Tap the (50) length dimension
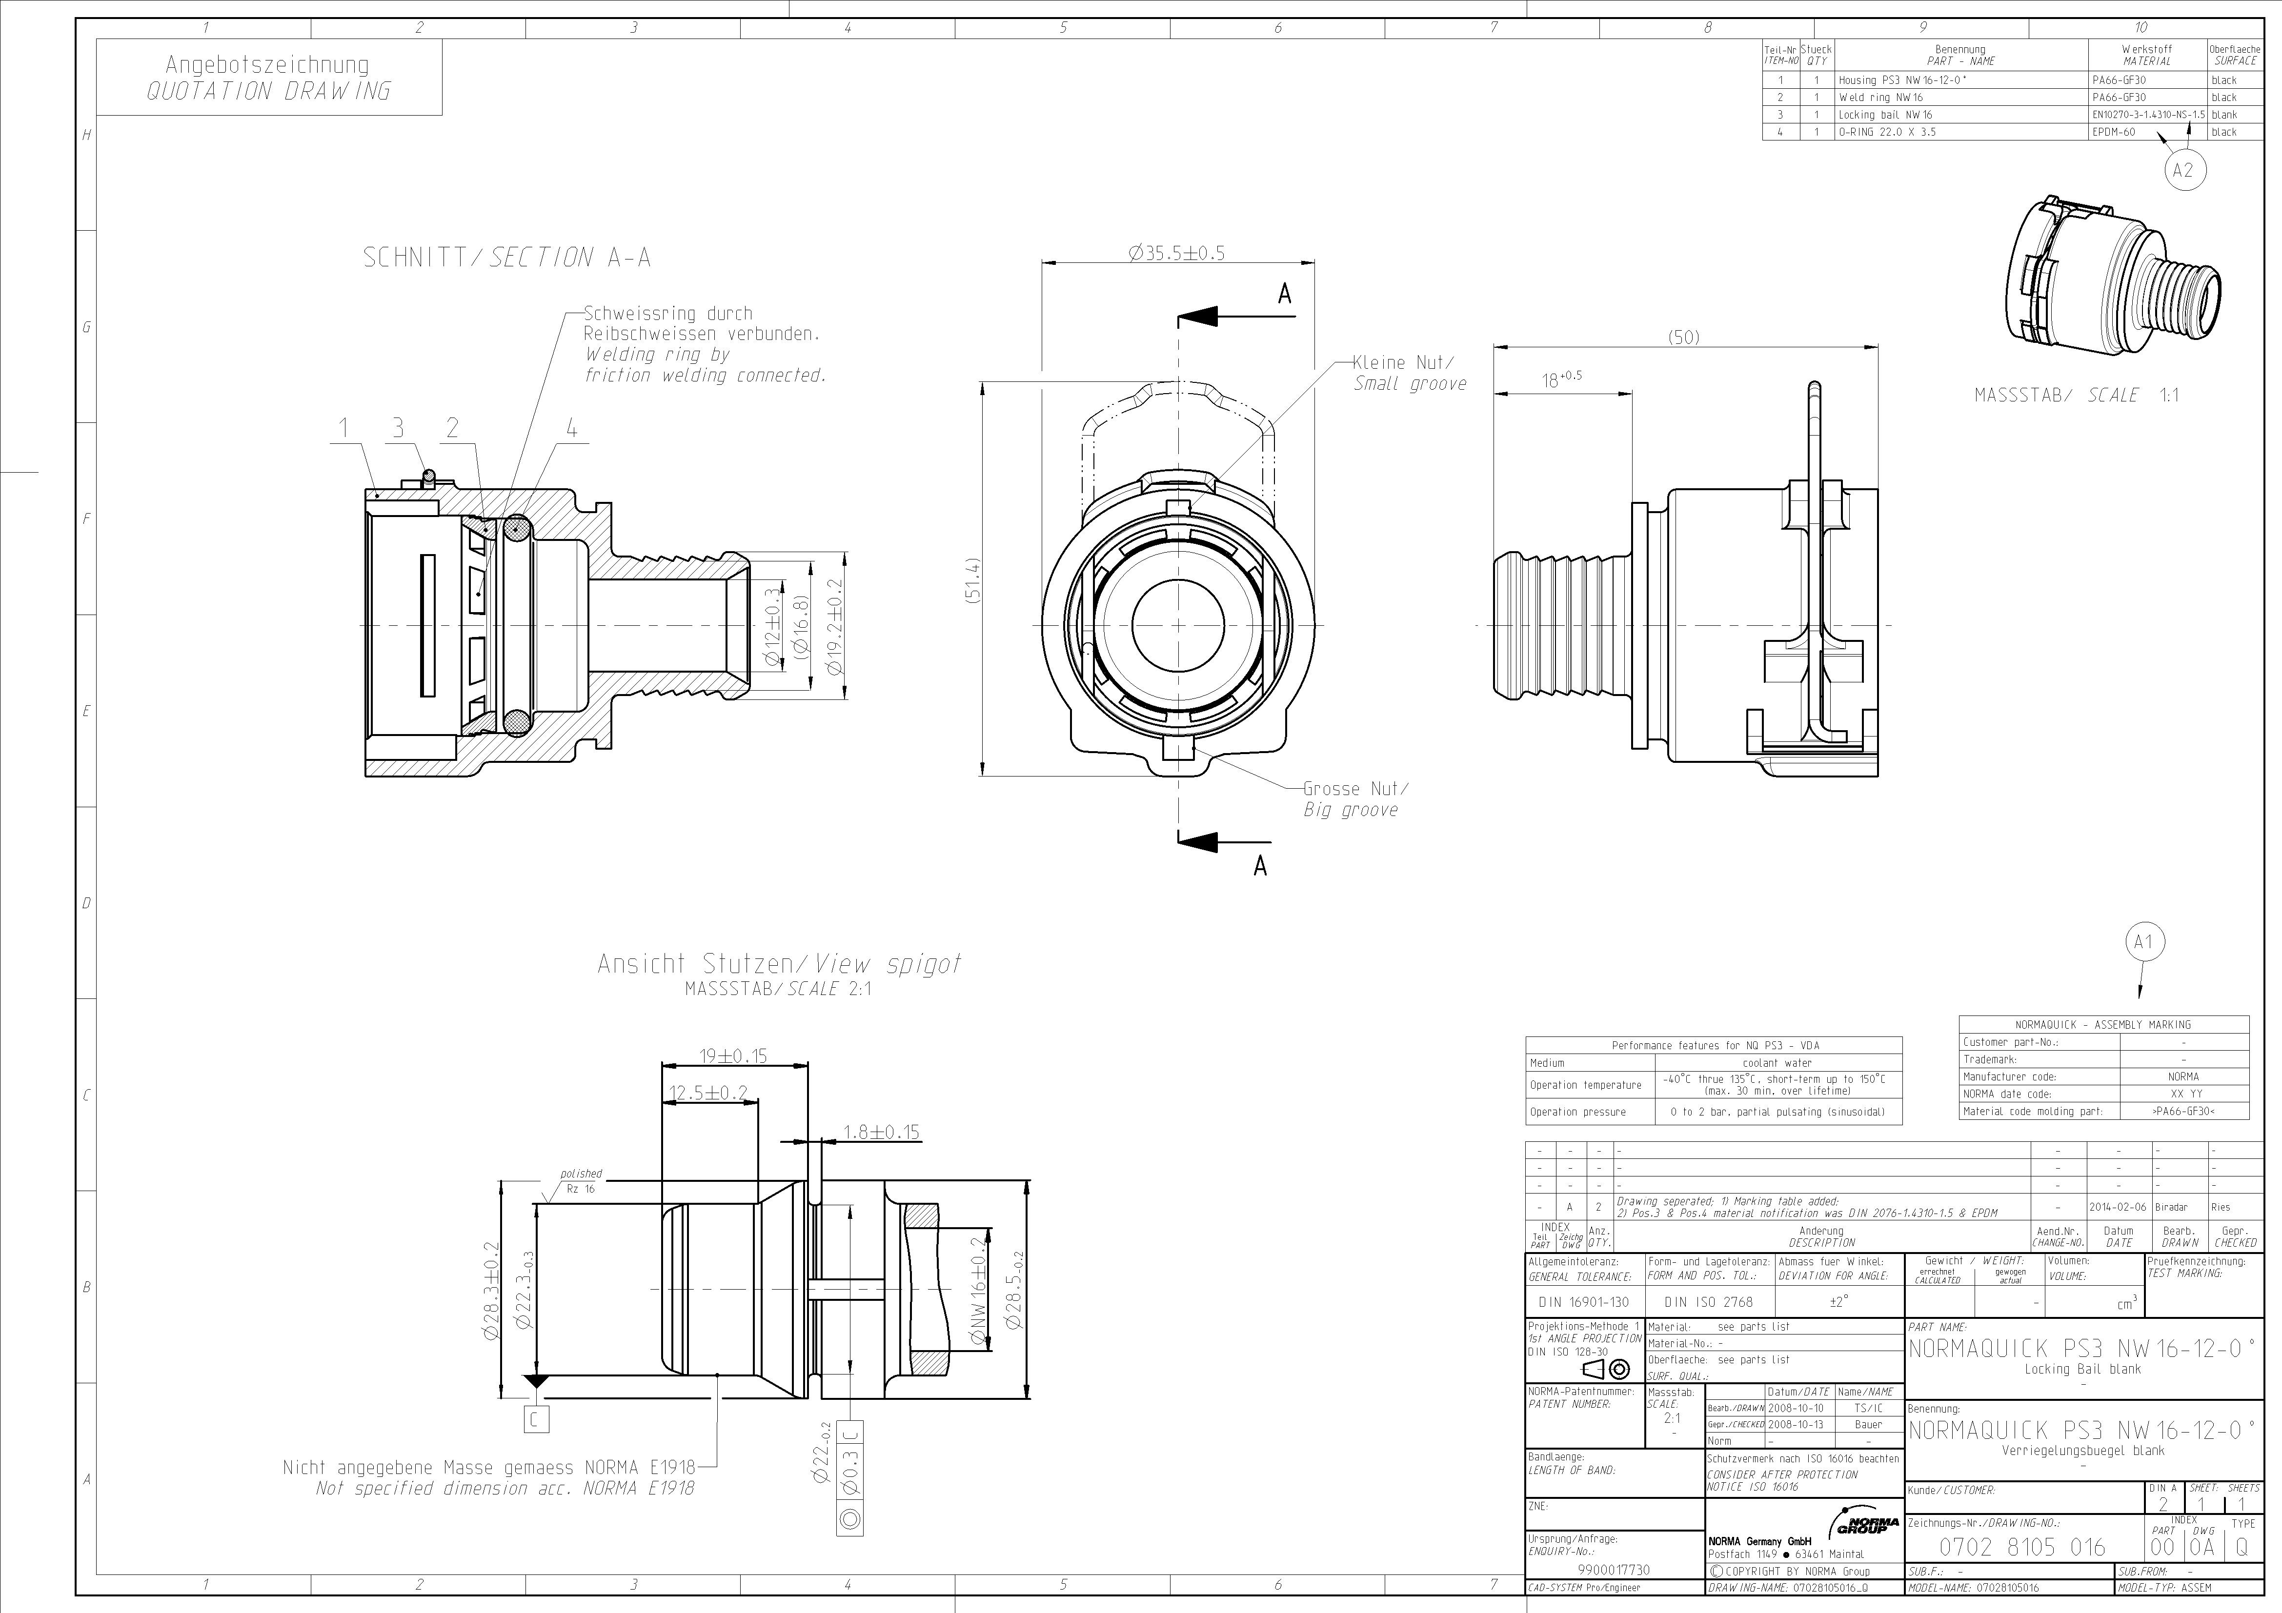pyautogui.click(x=1683, y=338)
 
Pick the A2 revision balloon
pyautogui.click(x=2182, y=170)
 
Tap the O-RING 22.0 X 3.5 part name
pyautogui.click(x=1886, y=132)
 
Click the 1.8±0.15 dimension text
pyautogui.click(x=881, y=1132)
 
